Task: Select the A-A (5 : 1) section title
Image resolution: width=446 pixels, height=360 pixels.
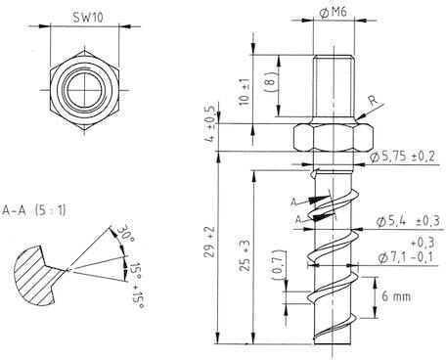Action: (36, 208)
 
